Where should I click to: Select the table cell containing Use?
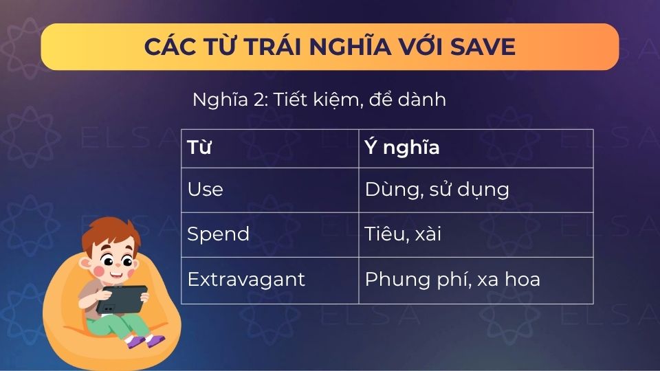point(269,189)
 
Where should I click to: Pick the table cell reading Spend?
point(269,234)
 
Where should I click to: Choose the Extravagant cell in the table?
point(269,280)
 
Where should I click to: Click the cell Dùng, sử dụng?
point(476,189)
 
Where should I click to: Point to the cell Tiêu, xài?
point(476,234)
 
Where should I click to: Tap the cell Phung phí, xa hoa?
point(476,280)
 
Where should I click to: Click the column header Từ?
point(269,148)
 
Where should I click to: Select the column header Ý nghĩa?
point(476,148)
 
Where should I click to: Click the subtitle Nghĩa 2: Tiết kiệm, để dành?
point(319,100)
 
